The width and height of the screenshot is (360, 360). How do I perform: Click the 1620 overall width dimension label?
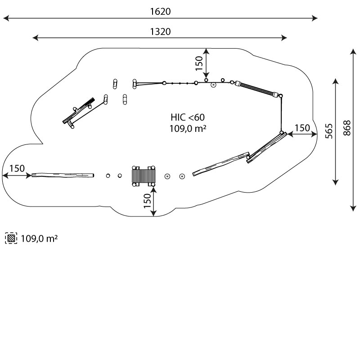coord(160,12)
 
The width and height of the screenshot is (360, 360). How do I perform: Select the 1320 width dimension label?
coord(160,31)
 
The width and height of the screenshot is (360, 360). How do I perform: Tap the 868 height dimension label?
coord(347,128)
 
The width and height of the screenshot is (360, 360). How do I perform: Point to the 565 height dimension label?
coord(329,131)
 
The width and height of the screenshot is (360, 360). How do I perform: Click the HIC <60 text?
coord(188,117)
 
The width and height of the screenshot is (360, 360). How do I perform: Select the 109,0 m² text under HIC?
coord(188,129)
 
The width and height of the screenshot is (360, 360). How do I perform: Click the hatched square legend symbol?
coord(11,238)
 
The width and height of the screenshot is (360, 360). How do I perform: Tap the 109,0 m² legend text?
coord(39,239)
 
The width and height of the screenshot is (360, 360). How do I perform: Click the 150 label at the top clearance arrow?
coord(199,63)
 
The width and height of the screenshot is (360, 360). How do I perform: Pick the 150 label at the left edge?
coord(17,168)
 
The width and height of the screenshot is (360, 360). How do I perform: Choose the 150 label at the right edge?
coord(302,128)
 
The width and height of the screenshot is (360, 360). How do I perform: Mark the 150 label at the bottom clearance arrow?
coord(147,201)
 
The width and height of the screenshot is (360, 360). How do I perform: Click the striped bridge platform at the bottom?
coord(144,176)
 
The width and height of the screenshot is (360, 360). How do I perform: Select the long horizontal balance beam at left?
coord(63,175)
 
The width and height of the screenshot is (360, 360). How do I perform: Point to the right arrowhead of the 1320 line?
coord(284,38)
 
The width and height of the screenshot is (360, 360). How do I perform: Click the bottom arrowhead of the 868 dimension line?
coord(353,208)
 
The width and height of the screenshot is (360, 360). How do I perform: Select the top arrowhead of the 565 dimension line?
coord(336,81)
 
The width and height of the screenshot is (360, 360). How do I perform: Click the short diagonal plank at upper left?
coord(79,111)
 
